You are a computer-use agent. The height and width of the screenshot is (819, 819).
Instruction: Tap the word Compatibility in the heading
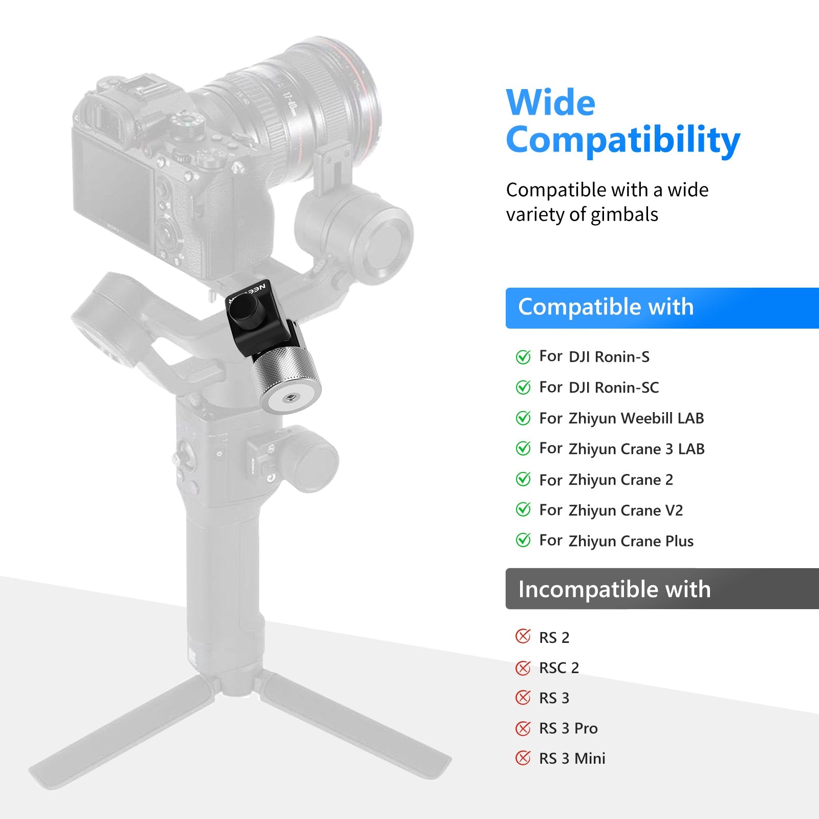(623, 141)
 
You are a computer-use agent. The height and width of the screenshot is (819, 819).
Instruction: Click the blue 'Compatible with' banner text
(606, 307)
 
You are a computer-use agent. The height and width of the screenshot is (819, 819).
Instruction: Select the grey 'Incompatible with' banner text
(614, 589)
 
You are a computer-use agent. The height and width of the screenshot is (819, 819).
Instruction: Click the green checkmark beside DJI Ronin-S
(523, 357)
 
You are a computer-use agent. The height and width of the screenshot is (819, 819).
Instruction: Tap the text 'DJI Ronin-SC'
(614, 387)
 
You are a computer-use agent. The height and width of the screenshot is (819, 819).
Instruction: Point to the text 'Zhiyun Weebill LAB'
(636, 418)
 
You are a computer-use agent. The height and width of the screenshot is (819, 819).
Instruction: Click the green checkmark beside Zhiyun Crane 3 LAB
(523, 448)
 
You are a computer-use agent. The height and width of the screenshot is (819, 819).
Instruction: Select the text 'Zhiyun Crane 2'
(621, 480)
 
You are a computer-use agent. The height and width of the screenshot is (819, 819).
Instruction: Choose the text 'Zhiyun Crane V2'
(626, 510)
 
